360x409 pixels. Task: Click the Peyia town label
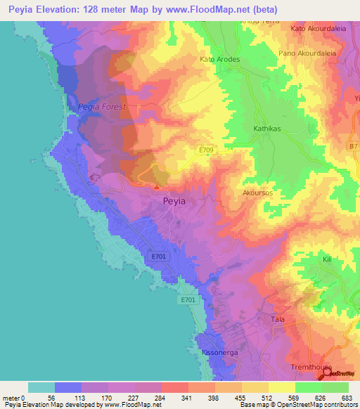[x=174, y=201]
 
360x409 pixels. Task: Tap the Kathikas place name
[x=267, y=129]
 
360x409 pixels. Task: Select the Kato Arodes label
[x=220, y=60]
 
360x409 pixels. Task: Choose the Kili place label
[x=327, y=260]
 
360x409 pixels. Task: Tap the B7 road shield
[x=354, y=145]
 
